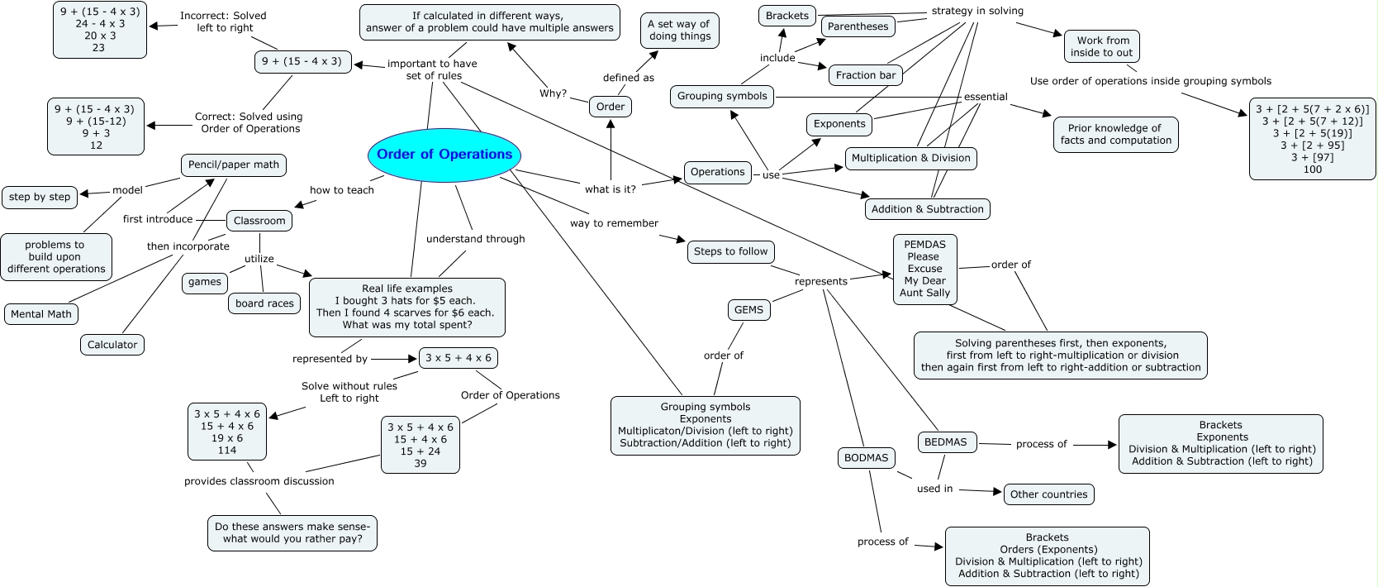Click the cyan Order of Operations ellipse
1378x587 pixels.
pyautogui.click(x=444, y=155)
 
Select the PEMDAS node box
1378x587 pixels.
pyautogui.click(x=924, y=269)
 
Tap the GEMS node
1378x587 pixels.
pyautogui.click(x=748, y=310)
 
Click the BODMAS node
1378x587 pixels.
pyautogui.click(x=866, y=458)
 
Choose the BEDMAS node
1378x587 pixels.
pyautogui.click(x=945, y=442)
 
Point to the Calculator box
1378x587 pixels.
pyautogui.click(x=112, y=345)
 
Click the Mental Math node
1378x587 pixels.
pyautogui.click(x=41, y=314)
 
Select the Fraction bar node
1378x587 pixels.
pyautogui.click(x=865, y=75)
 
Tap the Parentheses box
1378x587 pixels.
pyautogui.click(x=858, y=26)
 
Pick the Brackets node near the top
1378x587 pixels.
pyautogui.click(x=786, y=16)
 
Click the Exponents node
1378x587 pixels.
pyautogui.click(x=839, y=124)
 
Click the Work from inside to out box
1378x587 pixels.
pyautogui.click(x=1102, y=46)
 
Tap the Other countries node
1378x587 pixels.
pyautogui.click(x=1048, y=494)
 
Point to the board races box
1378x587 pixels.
pyautogui.click(x=264, y=303)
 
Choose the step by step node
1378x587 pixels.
pyautogui.click(x=40, y=197)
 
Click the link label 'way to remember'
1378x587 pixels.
pyautogui.click(x=614, y=223)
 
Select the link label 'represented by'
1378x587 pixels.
pyautogui.click(x=330, y=359)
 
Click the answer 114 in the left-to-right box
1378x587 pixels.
pyautogui.click(x=227, y=451)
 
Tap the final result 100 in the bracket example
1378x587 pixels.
pyautogui.click(x=1312, y=169)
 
